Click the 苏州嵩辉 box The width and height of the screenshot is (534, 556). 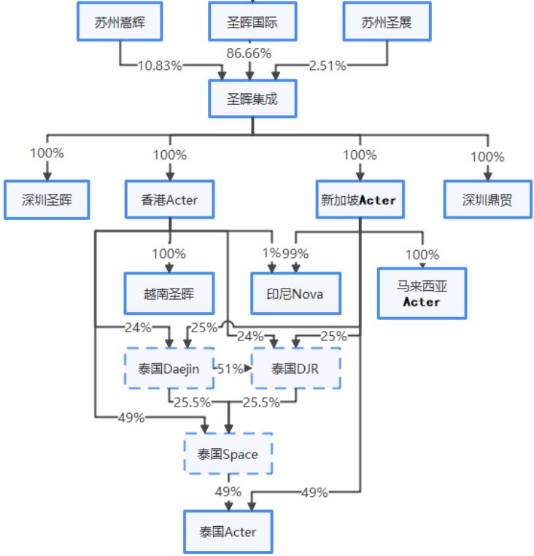[x=120, y=22]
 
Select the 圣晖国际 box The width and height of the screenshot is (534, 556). [x=252, y=22]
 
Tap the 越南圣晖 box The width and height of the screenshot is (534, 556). [x=169, y=294]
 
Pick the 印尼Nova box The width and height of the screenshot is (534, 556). [x=295, y=294]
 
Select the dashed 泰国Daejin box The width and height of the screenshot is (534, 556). [x=169, y=369]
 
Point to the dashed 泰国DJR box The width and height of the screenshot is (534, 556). [x=296, y=369]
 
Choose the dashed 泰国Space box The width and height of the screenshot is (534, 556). [x=228, y=455]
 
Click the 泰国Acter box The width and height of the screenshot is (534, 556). [x=228, y=532]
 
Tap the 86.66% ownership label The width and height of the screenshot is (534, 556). [x=249, y=53]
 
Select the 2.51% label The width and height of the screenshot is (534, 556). [x=328, y=66]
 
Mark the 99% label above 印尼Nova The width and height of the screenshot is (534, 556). [x=295, y=254]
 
